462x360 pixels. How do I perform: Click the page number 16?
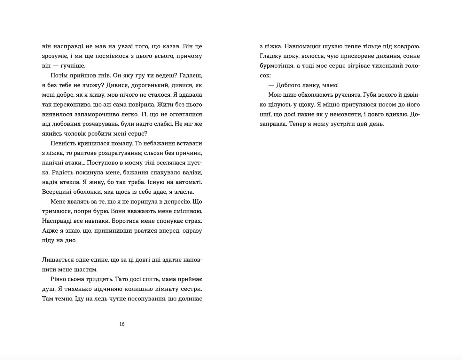tap(122, 324)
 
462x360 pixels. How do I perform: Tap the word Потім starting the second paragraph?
tap(59, 76)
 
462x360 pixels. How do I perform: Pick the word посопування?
tap(140, 299)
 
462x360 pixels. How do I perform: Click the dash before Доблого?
tap(271, 85)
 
